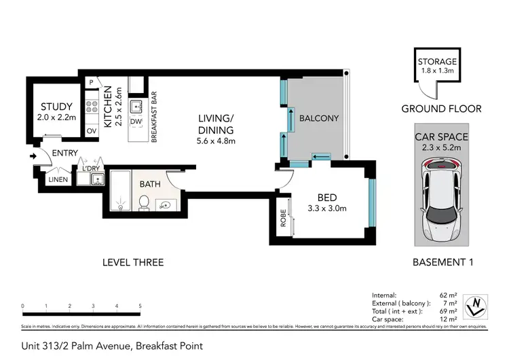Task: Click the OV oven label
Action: (91, 130)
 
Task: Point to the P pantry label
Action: (90, 83)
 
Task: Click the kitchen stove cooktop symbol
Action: (90, 107)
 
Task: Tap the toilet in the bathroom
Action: (143, 202)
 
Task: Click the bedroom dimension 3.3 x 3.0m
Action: (328, 209)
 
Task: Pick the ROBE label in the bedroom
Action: (282, 219)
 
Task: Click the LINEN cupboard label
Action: (58, 179)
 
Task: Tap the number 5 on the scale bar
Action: (140, 306)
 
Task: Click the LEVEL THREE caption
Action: (133, 262)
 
